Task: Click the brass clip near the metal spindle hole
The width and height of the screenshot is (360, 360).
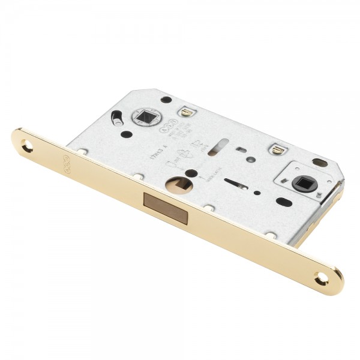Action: pyautogui.click(x=186, y=112)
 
